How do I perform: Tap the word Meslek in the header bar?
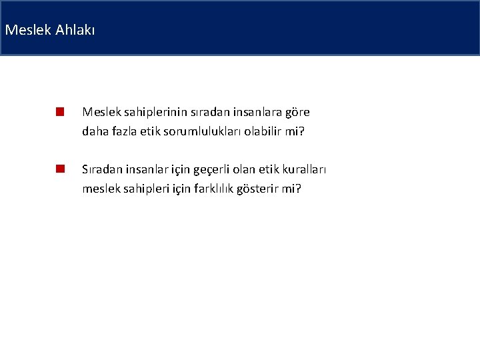27,30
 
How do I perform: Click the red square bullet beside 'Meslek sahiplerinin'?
59,111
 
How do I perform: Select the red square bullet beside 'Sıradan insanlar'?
59,169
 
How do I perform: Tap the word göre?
298,112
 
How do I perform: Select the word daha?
94,131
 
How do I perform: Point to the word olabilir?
263,131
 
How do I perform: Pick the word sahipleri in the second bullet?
139,189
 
